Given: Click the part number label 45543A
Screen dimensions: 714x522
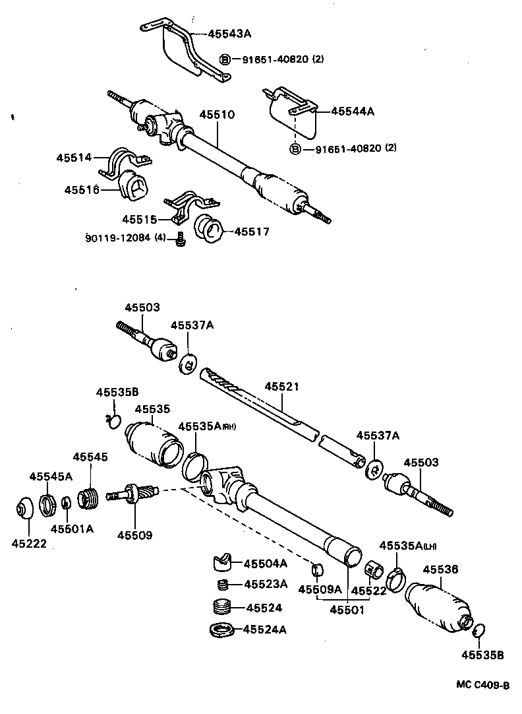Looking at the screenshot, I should [229, 33].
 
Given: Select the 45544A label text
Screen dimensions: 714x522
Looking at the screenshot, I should [352, 112].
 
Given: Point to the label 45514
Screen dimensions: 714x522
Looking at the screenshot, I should [73, 158].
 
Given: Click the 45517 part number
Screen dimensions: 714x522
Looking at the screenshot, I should [252, 232].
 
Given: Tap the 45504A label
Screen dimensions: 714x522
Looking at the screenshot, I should [266, 563].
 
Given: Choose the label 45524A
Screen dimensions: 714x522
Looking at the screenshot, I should [266, 630].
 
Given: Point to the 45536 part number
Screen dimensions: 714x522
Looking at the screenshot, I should [440, 569].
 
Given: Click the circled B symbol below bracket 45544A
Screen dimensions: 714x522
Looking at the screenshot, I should [295, 148].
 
